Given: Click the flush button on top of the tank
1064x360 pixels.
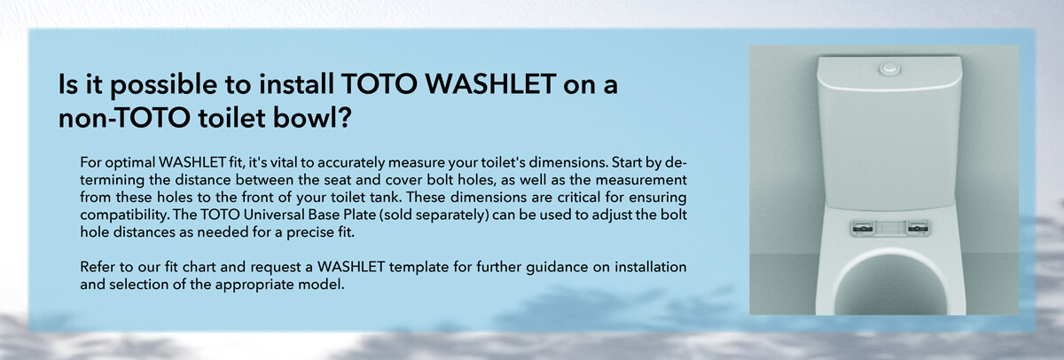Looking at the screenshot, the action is click(x=889, y=69).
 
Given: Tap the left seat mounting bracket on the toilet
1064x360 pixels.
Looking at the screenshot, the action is click(x=862, y=228).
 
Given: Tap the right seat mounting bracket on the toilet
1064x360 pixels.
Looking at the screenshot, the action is click(x=918, y=228).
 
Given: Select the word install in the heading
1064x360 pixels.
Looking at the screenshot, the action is click(x=295, y=83).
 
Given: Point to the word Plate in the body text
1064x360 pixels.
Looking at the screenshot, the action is click(x=361, y=215).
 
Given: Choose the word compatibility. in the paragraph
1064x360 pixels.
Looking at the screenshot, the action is click(x=124, y=215).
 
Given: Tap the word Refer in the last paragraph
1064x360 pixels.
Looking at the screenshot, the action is click(x=97, y=268).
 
